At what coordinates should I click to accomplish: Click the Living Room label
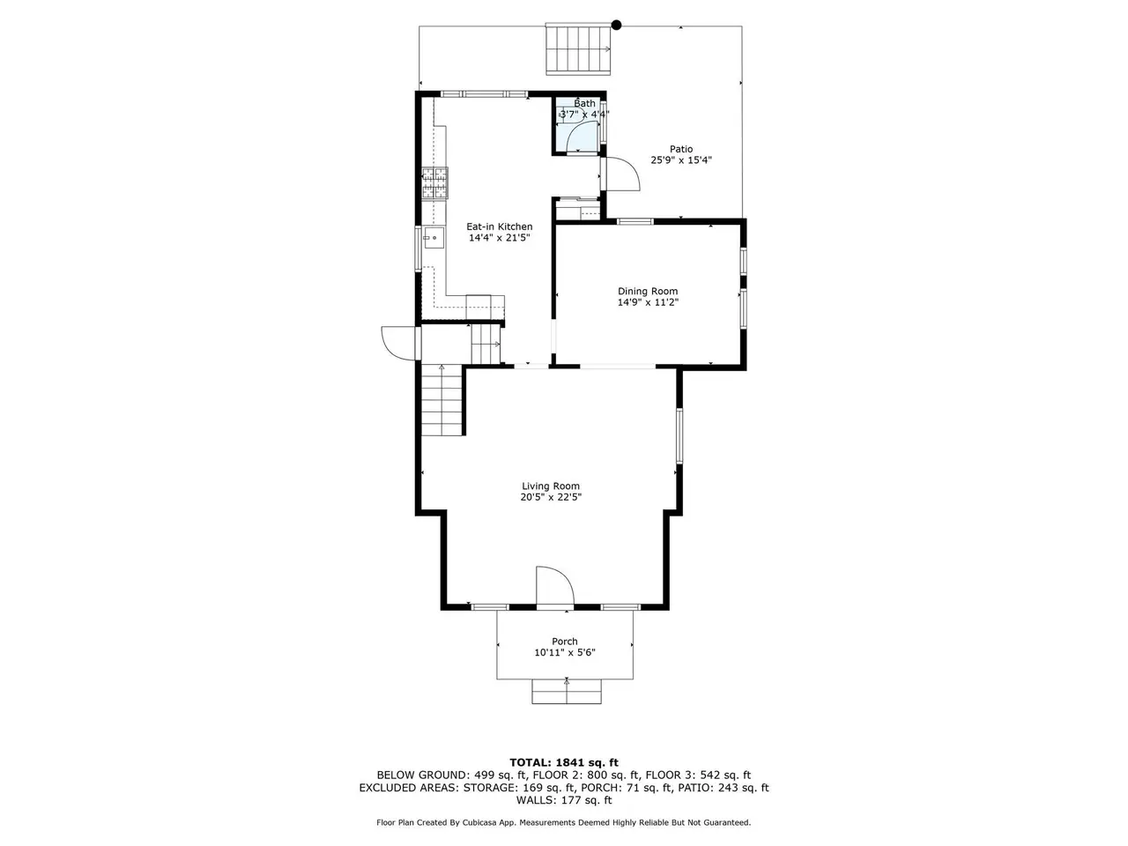pyautogui.click(x=551, y=486)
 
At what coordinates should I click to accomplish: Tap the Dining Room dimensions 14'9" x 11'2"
pyautogui.click(x=648, y=302)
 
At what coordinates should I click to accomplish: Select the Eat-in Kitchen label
pyautogui.click(x=499, y=226)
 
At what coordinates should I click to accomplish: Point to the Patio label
pyautogui.click(x=681, y=149)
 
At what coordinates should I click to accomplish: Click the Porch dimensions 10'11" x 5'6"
pyautogui.click(x=564, y=652)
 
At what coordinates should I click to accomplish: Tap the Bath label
pyautogui.click(x=584, y=103)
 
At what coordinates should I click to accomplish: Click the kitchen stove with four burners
pyautogui.click(x=434, y=183)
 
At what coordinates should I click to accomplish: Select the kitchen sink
pyautogui.click(x=434, y=238)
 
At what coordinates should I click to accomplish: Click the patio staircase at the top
pyautogui.click(x=578, y=48)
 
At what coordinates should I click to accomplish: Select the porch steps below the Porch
pyautogui.click(x=567, y=692)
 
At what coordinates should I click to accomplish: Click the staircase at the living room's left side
pyautogui.click(x=442, y=400)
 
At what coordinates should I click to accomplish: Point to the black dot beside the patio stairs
pyautogui.click(x=616, y=25)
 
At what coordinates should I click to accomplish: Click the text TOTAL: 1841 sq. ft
pyautogui.click(x=564, y=763)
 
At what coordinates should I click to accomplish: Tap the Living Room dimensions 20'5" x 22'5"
pyautogui.click(x=551, y=497)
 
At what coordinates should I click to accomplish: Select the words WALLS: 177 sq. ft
pyautogui.click(x=564, y=800)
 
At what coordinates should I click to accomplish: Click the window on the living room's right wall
pyautogui.click(x=679, y=435)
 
